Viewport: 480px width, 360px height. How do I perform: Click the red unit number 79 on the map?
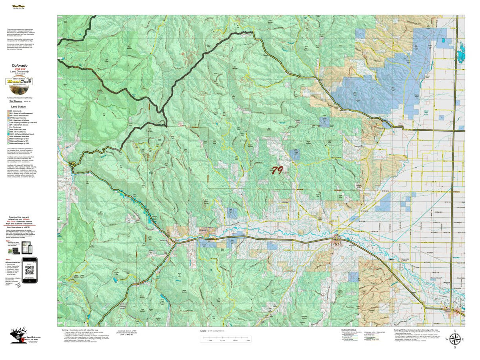[276, 170]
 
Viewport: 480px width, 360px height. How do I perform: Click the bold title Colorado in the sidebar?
[19, 65]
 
